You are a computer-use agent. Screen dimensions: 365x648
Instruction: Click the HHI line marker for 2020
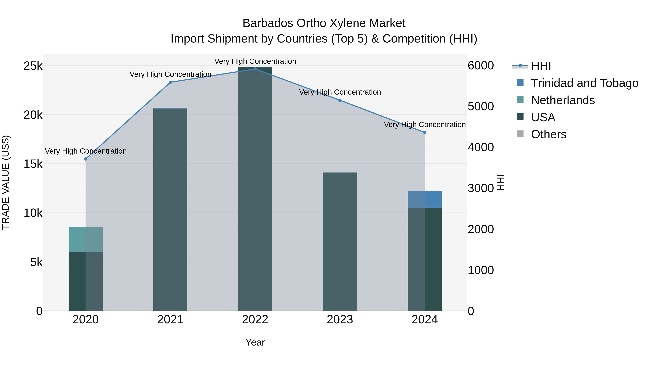tap(85, 159)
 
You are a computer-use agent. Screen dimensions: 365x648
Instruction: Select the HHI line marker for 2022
tap(255, 69)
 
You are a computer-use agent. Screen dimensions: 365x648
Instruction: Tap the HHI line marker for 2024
tap(425, 132)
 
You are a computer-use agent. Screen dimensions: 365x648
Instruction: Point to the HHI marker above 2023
tap(340, 100)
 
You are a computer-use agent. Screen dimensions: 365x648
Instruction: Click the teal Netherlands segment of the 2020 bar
tap(85, 239)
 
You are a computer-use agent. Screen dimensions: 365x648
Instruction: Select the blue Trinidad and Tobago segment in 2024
tap(425, 199)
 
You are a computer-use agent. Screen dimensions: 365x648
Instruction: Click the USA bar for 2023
tap(340, 242)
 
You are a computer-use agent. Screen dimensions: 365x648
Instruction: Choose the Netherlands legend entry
tap(563, 100)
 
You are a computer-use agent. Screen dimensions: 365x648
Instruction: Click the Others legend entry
tap(548, 134)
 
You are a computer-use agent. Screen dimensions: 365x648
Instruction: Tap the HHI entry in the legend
tap(541, 66)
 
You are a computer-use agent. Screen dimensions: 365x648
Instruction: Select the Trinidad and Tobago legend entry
tap(584, 83)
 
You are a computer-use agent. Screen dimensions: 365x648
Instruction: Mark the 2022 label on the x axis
tap(255, 320)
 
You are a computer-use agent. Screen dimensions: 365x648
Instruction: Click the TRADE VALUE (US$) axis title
tap(6, 182)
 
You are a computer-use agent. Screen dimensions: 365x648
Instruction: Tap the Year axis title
tap(255, 342)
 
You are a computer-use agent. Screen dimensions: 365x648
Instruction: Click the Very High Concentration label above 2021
tap(170, 74)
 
